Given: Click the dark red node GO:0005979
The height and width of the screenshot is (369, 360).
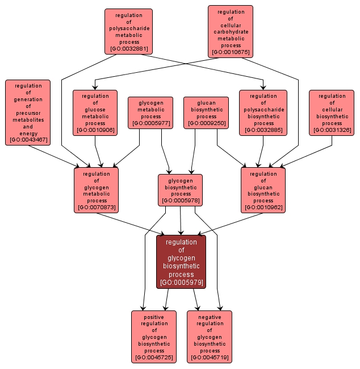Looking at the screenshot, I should pos(181,262).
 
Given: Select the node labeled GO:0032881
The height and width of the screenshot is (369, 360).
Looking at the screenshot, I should pos(128,31).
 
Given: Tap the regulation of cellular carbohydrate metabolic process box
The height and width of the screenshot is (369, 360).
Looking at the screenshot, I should pos(230,32).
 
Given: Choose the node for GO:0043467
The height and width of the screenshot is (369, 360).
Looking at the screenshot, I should pos(28,113).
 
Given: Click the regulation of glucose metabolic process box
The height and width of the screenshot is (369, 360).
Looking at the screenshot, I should pos(95,113).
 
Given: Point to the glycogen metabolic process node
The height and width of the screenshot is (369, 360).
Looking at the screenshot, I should pos(150,113).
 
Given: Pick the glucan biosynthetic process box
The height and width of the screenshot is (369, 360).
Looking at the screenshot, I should pos(206,113).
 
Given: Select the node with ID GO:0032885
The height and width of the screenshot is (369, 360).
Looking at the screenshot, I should pos(263,113).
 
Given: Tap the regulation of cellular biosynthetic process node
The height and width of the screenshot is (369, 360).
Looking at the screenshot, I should pos(332,113).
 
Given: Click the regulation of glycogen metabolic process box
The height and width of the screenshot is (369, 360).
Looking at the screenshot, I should pos(97,190).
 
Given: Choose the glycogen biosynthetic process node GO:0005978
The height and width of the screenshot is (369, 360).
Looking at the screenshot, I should pos(180,190).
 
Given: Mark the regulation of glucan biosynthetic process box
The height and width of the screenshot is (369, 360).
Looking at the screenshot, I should pos(263,190).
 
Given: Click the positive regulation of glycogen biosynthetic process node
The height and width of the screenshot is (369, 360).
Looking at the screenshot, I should pos(153,337).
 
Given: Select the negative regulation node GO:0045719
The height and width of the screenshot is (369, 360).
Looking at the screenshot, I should pos(209,337).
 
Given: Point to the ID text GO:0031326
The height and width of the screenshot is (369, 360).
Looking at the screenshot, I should pos(332,130).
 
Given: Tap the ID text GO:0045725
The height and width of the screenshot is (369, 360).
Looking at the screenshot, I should pos(153,358).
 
